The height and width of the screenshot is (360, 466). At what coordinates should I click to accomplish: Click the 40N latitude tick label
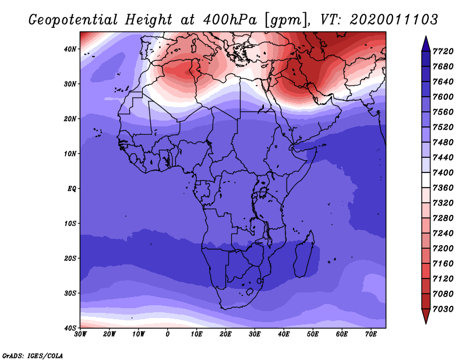point(70,49)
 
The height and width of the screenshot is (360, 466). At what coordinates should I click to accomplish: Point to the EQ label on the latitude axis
point(72,189)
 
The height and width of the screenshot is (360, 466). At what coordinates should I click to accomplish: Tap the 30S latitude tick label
point(70,293)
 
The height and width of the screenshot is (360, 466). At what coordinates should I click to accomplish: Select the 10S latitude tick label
point(70,223)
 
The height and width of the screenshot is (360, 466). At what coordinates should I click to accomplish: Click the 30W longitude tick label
point(80,334)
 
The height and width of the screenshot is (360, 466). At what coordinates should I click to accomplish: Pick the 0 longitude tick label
point(168,334)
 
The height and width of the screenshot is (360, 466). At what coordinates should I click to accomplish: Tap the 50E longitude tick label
point(313,334)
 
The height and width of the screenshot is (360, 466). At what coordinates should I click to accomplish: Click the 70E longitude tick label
point(370,334)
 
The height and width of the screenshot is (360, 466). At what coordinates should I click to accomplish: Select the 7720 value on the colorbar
point(443,51)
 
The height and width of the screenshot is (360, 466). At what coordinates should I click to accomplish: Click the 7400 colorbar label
point(443,172)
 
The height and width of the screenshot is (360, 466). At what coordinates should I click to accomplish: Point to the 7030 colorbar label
point(443,309)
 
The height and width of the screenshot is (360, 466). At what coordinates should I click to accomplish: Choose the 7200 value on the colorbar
point(443,249)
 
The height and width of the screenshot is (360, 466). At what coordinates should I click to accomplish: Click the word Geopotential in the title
point(73,20)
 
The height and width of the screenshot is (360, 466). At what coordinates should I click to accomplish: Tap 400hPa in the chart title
point(230,20)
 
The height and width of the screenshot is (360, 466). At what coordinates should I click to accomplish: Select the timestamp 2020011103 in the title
point(394,20)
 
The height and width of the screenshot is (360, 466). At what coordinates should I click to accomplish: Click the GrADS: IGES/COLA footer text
point(33,355)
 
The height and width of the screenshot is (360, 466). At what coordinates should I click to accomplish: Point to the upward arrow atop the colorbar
point(426,44)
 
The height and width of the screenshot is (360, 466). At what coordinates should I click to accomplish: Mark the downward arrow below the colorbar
point(426,316)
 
